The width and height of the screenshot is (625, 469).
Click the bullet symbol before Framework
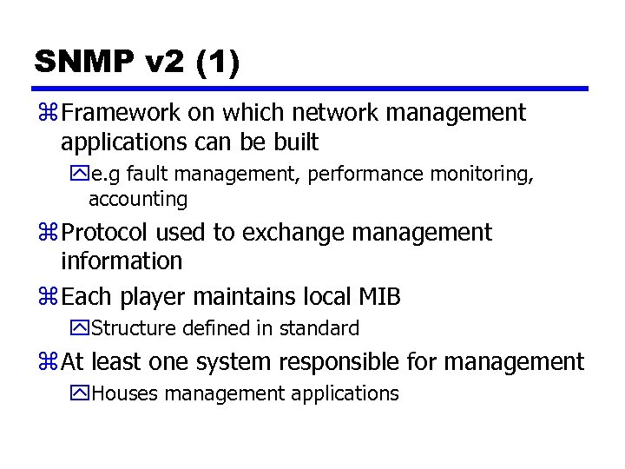point(48,114)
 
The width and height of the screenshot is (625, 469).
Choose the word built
point(294,142)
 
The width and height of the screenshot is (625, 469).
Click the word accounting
point(137,199)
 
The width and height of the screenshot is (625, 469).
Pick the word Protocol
point(106,233)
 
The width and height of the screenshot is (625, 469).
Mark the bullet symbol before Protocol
point(48,234)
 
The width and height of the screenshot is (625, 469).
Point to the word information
point(122,261)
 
